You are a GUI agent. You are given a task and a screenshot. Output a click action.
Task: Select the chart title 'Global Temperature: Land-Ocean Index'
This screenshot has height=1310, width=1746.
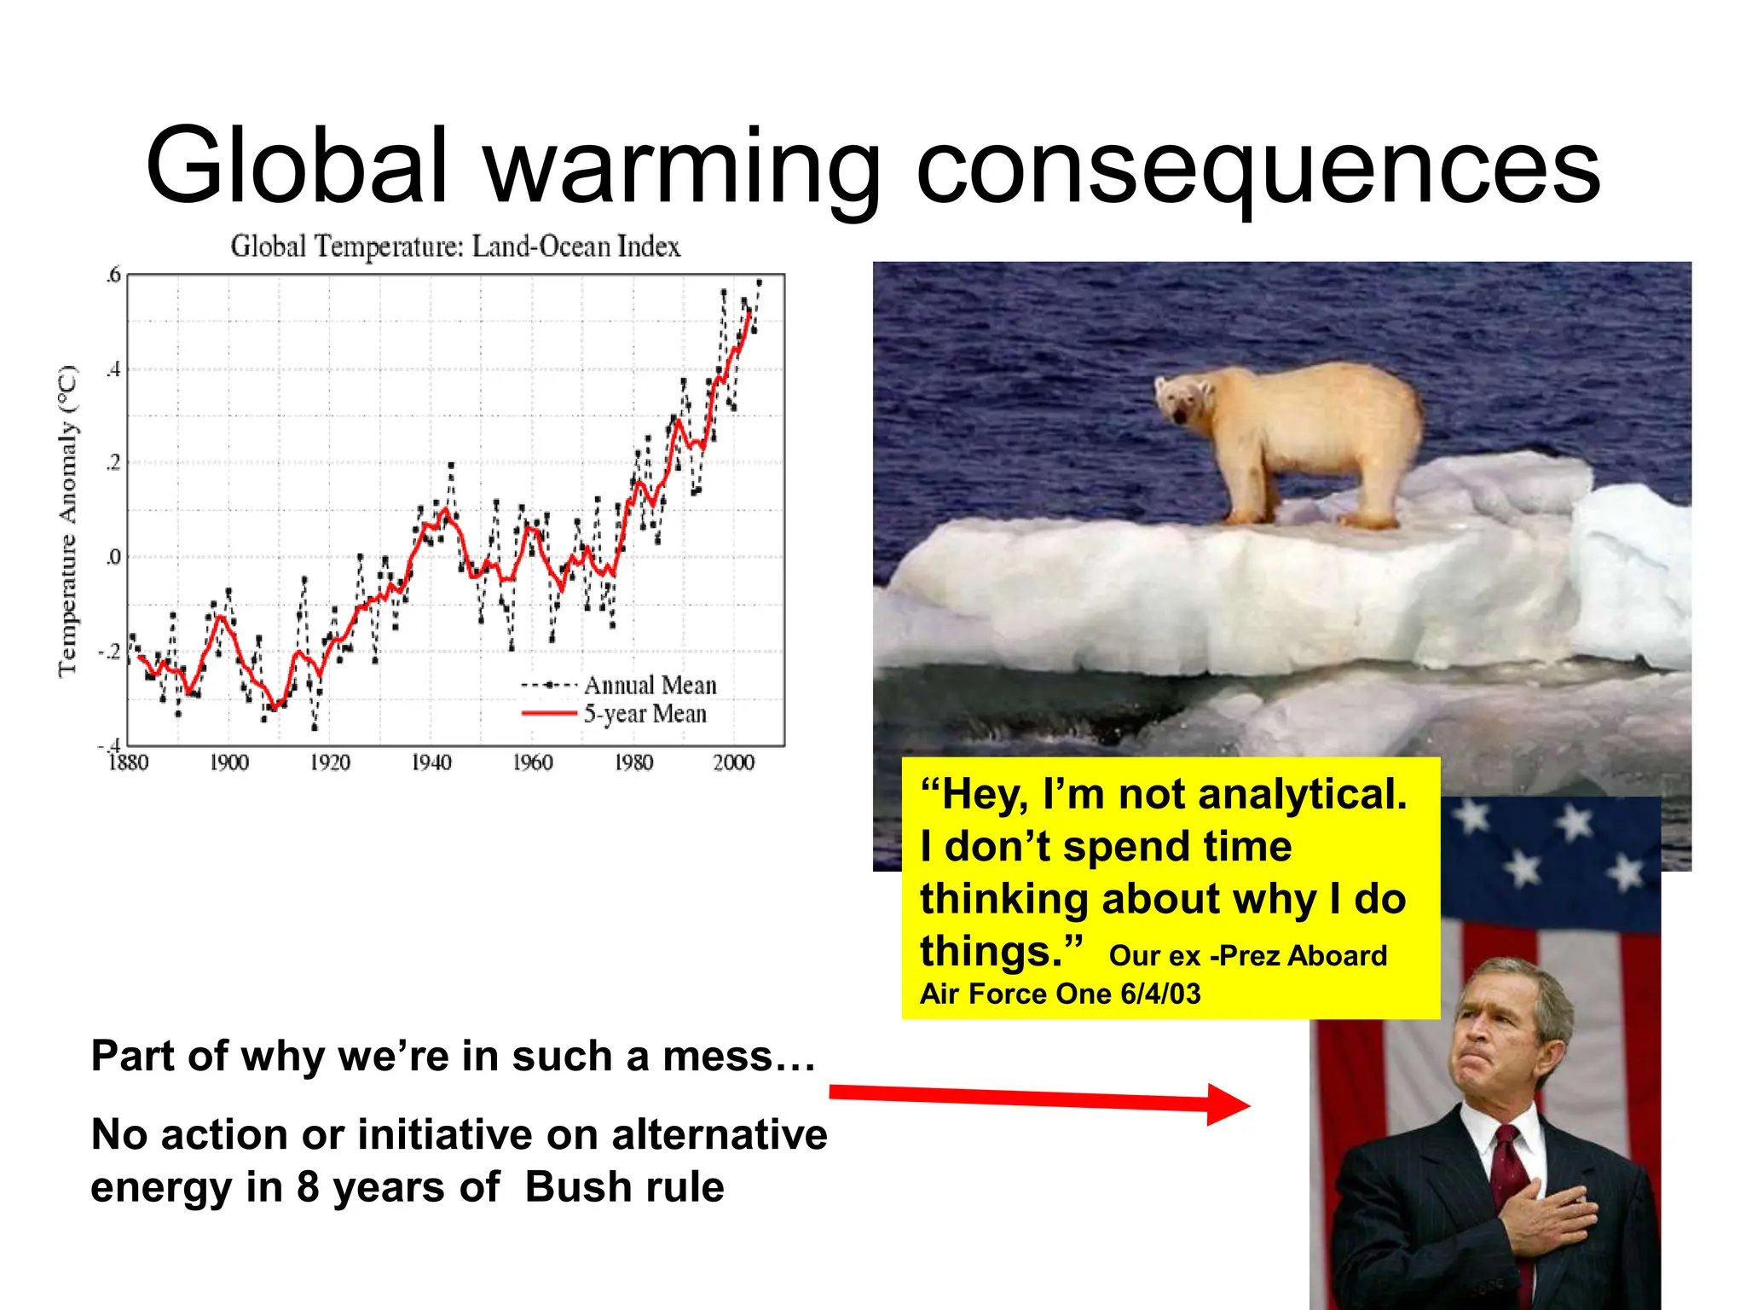(455, 246)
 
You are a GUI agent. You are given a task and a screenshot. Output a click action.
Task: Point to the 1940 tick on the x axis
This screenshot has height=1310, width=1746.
(431, 762)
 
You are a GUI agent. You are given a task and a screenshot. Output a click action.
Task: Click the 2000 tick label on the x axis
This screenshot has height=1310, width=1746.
(733, 762)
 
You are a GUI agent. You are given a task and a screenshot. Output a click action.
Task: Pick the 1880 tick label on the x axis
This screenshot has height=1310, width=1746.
(128, 762)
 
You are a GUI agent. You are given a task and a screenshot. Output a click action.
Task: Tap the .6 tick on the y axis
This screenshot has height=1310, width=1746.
(113, 275)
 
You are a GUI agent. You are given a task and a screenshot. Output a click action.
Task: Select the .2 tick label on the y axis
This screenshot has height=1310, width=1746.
(113, 463)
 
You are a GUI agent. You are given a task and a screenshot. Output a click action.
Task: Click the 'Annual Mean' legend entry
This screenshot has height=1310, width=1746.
(650, 685)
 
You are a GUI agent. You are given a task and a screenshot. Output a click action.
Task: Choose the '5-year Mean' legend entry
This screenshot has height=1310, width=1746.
(645, 714)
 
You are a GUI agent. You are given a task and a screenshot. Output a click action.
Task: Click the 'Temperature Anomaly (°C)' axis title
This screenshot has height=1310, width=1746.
(67, 521)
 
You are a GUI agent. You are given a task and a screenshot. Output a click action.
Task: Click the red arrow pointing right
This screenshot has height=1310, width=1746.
(1040, 1099)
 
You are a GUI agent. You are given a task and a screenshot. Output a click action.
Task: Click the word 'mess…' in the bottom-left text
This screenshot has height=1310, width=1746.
(739, 1056)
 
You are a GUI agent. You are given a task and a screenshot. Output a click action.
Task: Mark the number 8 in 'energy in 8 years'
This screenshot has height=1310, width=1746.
(308, 1186)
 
